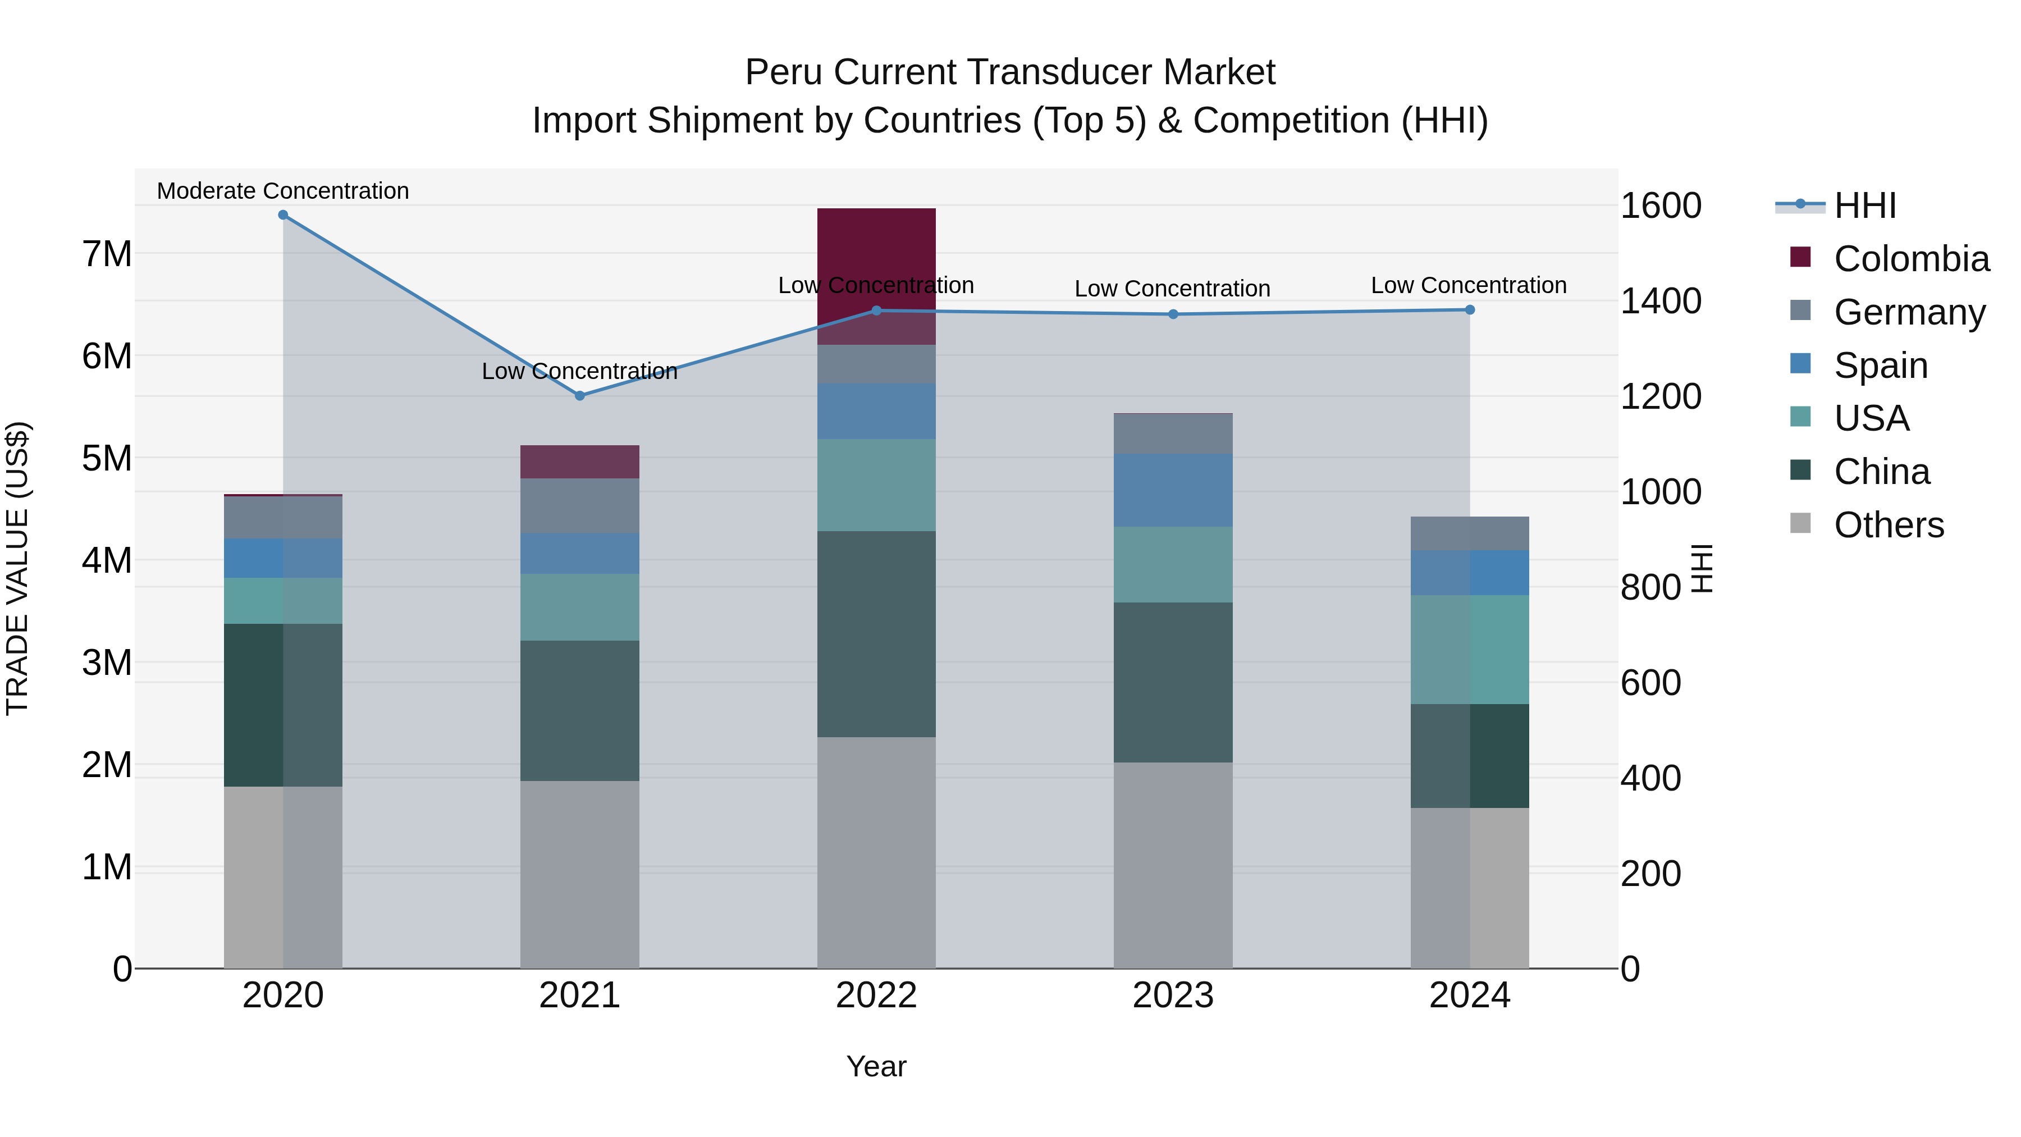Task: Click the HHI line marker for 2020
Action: pos(284,215)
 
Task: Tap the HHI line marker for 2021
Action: pos(580,396)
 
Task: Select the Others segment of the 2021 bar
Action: pos(580,874)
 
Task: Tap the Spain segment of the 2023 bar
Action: pos(1173,490)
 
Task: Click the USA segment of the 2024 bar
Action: pos(1470,650)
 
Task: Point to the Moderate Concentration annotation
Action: pos(284,191)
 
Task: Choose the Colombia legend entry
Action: pos(1911,259)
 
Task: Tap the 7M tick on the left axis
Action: pos(107,254)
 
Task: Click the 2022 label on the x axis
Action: pos(876,996)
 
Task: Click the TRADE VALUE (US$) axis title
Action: pos(17,568)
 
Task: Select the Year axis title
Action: pos(876,1066)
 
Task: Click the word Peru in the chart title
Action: pos(783,72)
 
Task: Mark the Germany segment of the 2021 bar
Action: pos(580,506)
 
